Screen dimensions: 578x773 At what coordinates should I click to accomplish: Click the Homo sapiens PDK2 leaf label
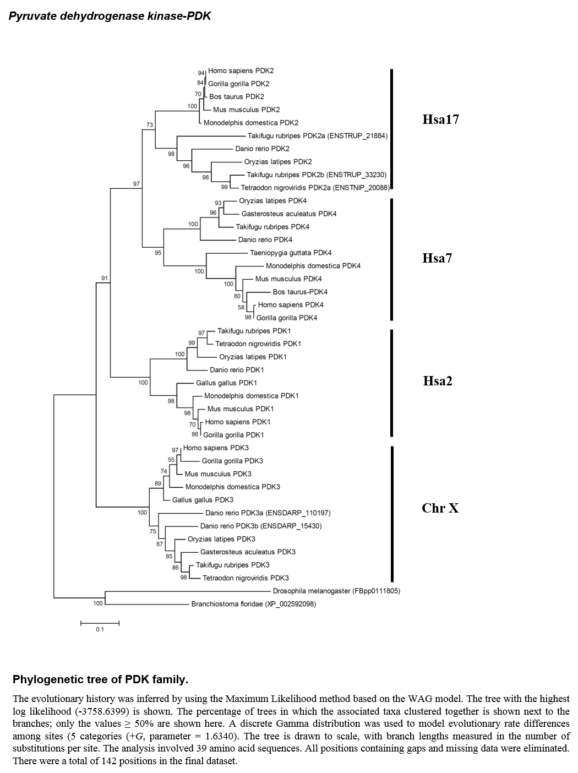click(x=241, y=71)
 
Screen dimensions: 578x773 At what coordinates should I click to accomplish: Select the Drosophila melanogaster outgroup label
click(x=336, y=591)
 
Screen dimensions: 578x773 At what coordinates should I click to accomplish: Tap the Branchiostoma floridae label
click(x=253, y=604)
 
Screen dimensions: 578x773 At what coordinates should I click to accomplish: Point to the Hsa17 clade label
click(x=440, y=119)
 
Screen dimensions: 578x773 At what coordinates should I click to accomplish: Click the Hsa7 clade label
click(x=437, y=258)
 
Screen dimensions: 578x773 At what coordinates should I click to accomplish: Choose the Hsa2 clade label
click(x=438, y=380)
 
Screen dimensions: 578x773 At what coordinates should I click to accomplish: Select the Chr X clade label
click(x=440, y=508)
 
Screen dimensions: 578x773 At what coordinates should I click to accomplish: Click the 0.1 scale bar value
click(x=100, y=629)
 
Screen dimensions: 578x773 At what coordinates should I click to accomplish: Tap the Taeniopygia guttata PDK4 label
click(x=291, y=253)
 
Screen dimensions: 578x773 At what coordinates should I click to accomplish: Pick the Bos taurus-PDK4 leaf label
click(x=300, y=292)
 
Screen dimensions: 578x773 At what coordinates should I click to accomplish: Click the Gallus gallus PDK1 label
click(x=226, y=383)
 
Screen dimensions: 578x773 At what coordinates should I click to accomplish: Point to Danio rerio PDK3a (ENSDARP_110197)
click(x=268, y=513)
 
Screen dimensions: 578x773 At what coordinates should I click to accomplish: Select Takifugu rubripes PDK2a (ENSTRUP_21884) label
click(x=317, y=135)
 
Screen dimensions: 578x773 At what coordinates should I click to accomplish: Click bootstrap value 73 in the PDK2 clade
click(x=150, y=124)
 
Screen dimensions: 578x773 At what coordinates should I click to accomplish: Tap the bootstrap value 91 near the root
click(x=105, y=278)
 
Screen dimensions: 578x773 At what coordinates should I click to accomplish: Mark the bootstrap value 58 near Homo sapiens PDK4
click(x=241, y=307)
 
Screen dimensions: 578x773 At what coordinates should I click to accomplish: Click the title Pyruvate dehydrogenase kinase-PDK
click(x=110, y=16)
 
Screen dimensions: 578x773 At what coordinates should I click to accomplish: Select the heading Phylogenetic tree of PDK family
click(x=101, y=679)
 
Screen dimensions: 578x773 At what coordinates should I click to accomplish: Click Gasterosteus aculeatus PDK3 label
click(x=248, y=552)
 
